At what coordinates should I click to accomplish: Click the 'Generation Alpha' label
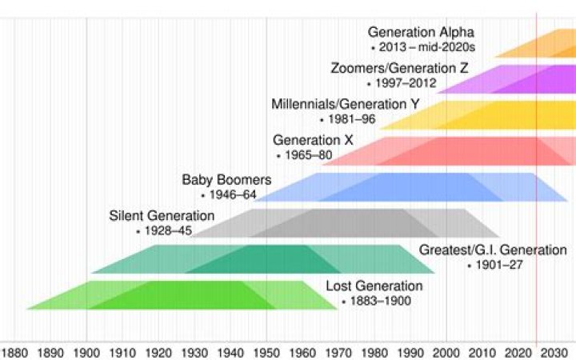[421, 32]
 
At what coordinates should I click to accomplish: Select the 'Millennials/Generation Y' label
[338, 104]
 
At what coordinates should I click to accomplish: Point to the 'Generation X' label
[313, 140]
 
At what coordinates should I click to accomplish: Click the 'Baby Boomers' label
[226, 179]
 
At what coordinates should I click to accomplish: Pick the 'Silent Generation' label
[162, 216]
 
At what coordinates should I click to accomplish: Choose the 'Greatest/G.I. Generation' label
[492, 250]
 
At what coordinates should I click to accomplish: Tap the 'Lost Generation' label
[374, 286]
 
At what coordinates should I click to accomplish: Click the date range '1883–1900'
[376, 302]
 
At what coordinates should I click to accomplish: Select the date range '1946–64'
[232, 194]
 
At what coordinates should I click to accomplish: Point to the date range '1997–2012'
[402, 83]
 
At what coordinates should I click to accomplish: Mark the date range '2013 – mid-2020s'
[426, 47]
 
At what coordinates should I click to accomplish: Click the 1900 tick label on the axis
[86, 352]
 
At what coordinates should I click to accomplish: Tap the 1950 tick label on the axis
[266, 352]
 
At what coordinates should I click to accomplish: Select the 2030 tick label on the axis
[552, 352]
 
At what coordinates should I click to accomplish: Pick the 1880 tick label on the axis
[14, 352]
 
